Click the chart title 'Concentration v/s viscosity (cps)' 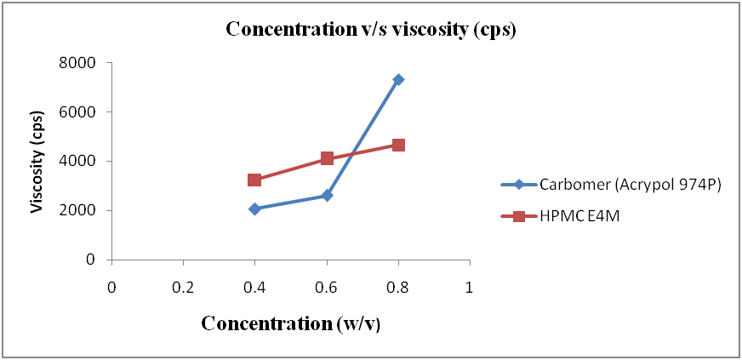pyautogui.click(x=371, y=28)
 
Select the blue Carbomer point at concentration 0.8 pyautogui.click(x=398, y=79)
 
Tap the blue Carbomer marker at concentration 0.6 pyautogui.click(x=327, y=196)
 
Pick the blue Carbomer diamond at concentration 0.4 pyautogui.click(x=254, y=209)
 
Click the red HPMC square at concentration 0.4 pyautogui.click(x=254, y=180)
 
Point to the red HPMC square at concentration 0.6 pyautogui.click(x=327, y=158)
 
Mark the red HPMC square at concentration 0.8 pyautogui.click(x=398, y=145)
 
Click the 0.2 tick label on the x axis pyautogui.click(x=183, y=288)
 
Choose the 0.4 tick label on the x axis pyautogui.click(x=254, y=288)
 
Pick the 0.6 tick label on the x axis pyautogui.click(x=327, y=288)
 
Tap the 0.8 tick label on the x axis pyautogui.click(x=398, y=288)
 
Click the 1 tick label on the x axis pyautogui.click(x=470, y=288)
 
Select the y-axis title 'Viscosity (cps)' pyautogui.click(x=37, y=162)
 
